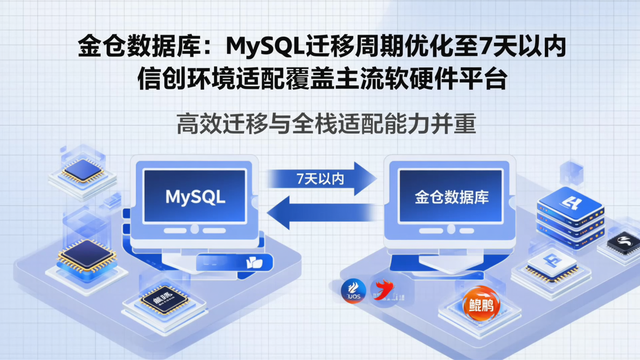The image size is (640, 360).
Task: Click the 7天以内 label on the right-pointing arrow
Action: [320, 179]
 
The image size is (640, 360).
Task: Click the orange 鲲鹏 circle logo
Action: [481, 304]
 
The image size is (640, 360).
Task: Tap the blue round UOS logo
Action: [353, 292]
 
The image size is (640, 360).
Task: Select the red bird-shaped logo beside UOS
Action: [383, 290]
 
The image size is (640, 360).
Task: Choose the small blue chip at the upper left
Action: [83, 170]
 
